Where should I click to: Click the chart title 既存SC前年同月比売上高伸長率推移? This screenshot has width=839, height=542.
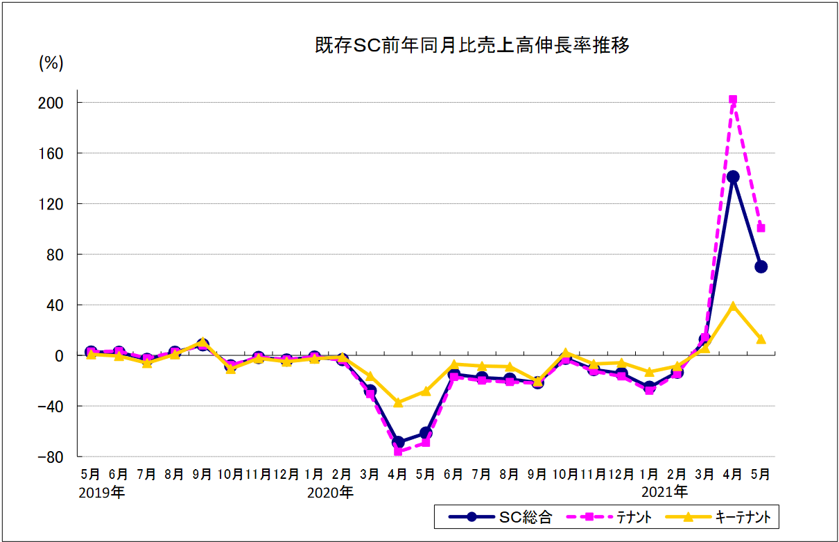pyautogui.click(x=472, y=46)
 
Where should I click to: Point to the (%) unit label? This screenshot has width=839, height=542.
pyautogui.click(x=51, y=63)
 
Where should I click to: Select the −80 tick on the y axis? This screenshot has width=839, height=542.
pyautogui.click(x=51, y=457)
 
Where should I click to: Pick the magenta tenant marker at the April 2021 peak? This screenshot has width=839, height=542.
pyautogui.click(x=733, y=100)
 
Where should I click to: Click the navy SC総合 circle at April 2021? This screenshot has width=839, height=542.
pyautogui.click(x=733, y=177)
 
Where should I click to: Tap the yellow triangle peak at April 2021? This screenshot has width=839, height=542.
pyautogui.click(x=733, y=306)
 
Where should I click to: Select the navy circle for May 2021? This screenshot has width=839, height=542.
pyautogui.click(x=761, y=266)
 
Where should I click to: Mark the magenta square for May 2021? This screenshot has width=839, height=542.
pyautogui.click(x=761, y=228)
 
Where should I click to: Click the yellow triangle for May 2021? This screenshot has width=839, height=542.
pyautogui.click(x=761, y=339)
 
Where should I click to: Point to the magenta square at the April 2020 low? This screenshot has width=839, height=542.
pyautogui.click(x=398, y=451)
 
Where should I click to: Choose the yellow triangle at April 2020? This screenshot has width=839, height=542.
pyautogui.click(x=398, y=402)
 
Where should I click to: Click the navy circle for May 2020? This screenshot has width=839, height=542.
pyautogui.click(x=426, y=433)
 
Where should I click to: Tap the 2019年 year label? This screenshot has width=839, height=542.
pyautogui.click(x=102, y=493)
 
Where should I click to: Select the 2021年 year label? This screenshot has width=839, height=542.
pyautogui.click(x=665, y=493)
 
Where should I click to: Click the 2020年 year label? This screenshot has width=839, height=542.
pyautogui.click(x=330, y=493)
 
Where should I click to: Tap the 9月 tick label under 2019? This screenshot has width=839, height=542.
pyautogui.click(x=202, y=475)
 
